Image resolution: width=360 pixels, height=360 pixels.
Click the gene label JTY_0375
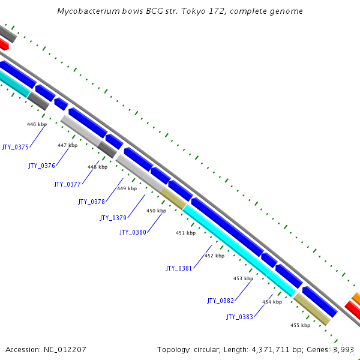(x=15, y=146)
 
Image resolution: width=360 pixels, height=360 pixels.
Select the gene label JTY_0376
(x=41, y=166)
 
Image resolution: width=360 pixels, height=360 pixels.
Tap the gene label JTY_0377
(x=67, y=184)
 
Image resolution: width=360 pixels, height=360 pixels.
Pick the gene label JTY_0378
(x=91, y=202)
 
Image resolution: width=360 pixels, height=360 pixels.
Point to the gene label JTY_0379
(x=113, y=218)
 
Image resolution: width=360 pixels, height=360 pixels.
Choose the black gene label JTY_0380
(x=133, y=232)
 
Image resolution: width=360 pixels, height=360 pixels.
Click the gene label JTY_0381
(x=179, y=268)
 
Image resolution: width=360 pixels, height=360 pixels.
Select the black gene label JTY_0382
(x=220, y=301)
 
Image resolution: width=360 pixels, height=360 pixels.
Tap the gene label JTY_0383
(x=239, y=317)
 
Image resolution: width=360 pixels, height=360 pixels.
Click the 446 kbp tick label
(x=37, y=124)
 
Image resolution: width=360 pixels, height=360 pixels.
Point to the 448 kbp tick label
(x=97, y=167)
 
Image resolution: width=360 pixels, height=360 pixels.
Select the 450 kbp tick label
(x=156, y=211)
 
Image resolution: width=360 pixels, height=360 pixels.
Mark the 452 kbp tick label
(x=214, y=256)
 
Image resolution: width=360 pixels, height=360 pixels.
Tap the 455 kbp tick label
(x=300, y=325)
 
